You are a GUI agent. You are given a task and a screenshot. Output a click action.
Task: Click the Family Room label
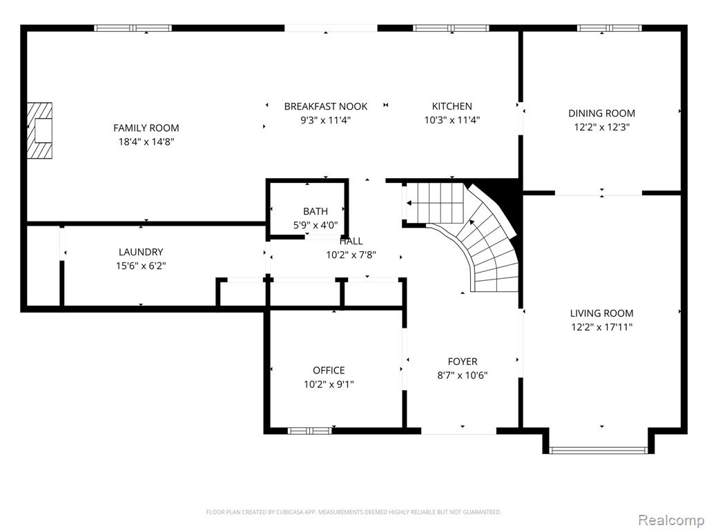[146, 128]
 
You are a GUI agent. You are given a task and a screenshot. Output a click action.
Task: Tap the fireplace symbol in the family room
[40, 130]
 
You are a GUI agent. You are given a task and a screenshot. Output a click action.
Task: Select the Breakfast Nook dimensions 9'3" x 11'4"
[325, 120]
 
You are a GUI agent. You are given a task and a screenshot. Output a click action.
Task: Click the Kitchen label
[452, 106]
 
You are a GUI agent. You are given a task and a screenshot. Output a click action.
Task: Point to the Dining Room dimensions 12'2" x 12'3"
[601, 127]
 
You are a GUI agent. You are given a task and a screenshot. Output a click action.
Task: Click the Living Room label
[601, 313]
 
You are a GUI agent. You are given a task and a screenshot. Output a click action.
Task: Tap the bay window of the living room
[599, 450]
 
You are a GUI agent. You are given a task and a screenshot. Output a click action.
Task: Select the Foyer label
[462, 362]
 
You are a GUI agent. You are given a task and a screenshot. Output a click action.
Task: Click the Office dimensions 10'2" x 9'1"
[329, 384]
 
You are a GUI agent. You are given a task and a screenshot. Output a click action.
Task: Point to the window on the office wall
[309, 431]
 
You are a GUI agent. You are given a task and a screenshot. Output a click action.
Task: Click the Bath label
[315, 211]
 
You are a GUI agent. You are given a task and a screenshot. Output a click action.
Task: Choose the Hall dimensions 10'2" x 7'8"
[351, 255]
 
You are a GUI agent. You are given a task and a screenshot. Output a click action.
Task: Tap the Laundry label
[141, 252]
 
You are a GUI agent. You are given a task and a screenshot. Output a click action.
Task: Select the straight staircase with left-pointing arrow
[428, 203]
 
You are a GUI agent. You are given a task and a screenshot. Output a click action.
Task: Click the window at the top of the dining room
[609, 28]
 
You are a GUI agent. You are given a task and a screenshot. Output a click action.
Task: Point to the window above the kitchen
[451, 28]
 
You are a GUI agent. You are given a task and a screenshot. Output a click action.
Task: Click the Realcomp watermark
[670, 519]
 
